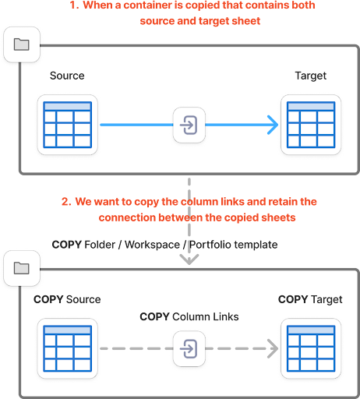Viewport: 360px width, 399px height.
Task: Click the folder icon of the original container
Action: pos(21,44)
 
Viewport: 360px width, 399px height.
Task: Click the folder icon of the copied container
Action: pos(21,268)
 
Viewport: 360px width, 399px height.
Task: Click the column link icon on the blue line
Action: pos(189,124)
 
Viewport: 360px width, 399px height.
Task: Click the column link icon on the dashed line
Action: pos(189,348)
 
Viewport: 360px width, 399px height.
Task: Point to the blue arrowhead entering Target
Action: pos(273,124)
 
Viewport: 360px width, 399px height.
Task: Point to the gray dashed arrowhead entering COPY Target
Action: pos(273,348)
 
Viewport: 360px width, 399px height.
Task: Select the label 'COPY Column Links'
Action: pos(189,317)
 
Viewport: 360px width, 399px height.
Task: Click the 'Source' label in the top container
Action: pos(66,76)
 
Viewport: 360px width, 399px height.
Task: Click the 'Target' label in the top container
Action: pos(310,76)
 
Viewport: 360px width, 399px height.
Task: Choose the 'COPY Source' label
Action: pos(67,299)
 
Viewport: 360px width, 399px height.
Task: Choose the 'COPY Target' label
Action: pos(310,299)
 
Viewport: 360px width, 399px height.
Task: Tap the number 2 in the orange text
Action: pos(65,202)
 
